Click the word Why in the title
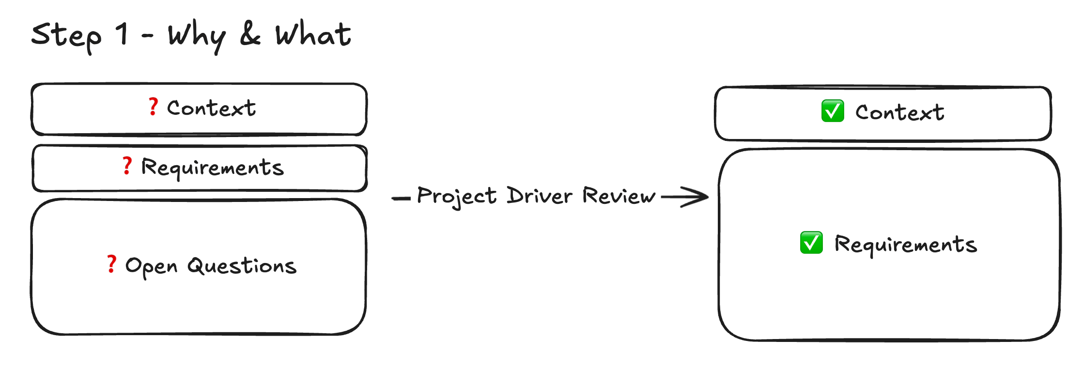click(197, 36)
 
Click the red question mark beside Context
click(153, 107)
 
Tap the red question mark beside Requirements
click(127, 166)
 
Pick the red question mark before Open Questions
click(111, 264)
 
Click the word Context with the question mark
click(211, 108)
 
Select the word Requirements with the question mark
click(212, 168)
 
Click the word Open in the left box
click(151, 266)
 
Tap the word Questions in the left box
click(242, 266)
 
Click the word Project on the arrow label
click(457, 196)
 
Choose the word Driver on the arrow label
click(540, 196)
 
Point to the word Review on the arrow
click(619, 196)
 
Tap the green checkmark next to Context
click(833, 111)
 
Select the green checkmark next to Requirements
click(811, 243)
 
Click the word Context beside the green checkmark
click(899, 112)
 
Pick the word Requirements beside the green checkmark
click(905, 245)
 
